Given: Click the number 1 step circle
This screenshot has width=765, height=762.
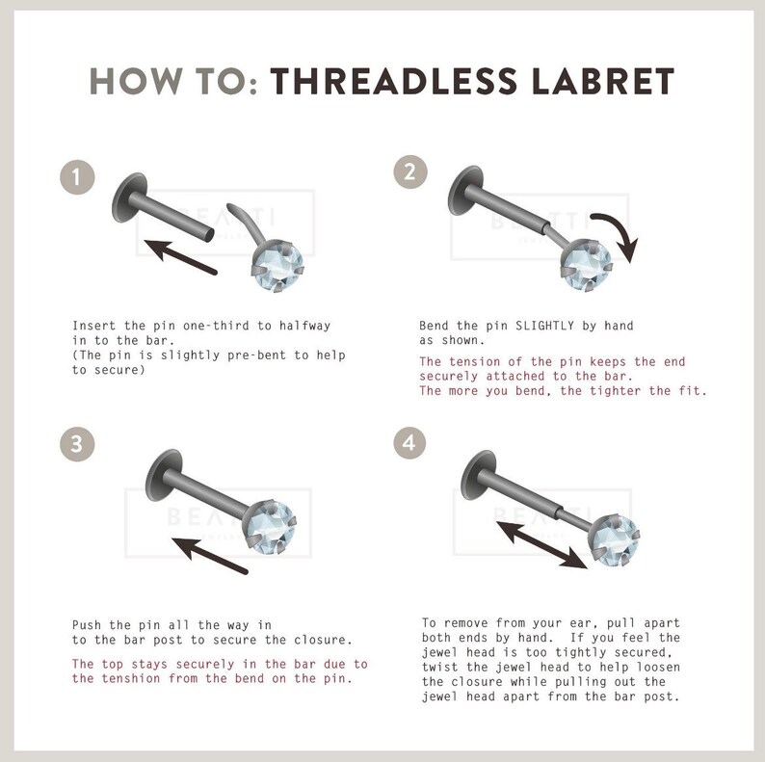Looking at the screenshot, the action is pos(77,177).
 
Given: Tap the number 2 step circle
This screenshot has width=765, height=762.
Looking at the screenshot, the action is pos(410,171).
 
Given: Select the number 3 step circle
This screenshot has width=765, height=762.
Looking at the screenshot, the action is pos(77,444).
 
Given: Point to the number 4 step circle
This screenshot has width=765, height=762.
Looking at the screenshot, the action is pos(409,442).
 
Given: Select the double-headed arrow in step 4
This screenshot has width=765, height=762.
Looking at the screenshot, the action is pos(541,545).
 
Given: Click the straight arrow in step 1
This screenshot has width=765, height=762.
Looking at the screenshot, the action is pos(180,256).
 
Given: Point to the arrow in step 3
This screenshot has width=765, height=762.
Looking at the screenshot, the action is pos(210,556).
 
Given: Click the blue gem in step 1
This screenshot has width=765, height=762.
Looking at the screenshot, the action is pos(277,266).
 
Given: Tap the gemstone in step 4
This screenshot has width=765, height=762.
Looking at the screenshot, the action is pos(614,540).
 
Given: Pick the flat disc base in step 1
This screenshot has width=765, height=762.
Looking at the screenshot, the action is pos(129,197).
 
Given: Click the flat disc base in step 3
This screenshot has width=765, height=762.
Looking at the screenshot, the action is pos(164,475).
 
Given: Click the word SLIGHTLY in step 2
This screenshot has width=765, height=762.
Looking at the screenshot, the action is pos(545,326).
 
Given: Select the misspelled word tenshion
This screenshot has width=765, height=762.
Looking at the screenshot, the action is pos(131,678).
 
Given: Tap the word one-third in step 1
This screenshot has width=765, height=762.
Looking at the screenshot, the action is pos(216,326).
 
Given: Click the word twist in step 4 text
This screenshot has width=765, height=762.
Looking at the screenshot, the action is pos(440,667).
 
